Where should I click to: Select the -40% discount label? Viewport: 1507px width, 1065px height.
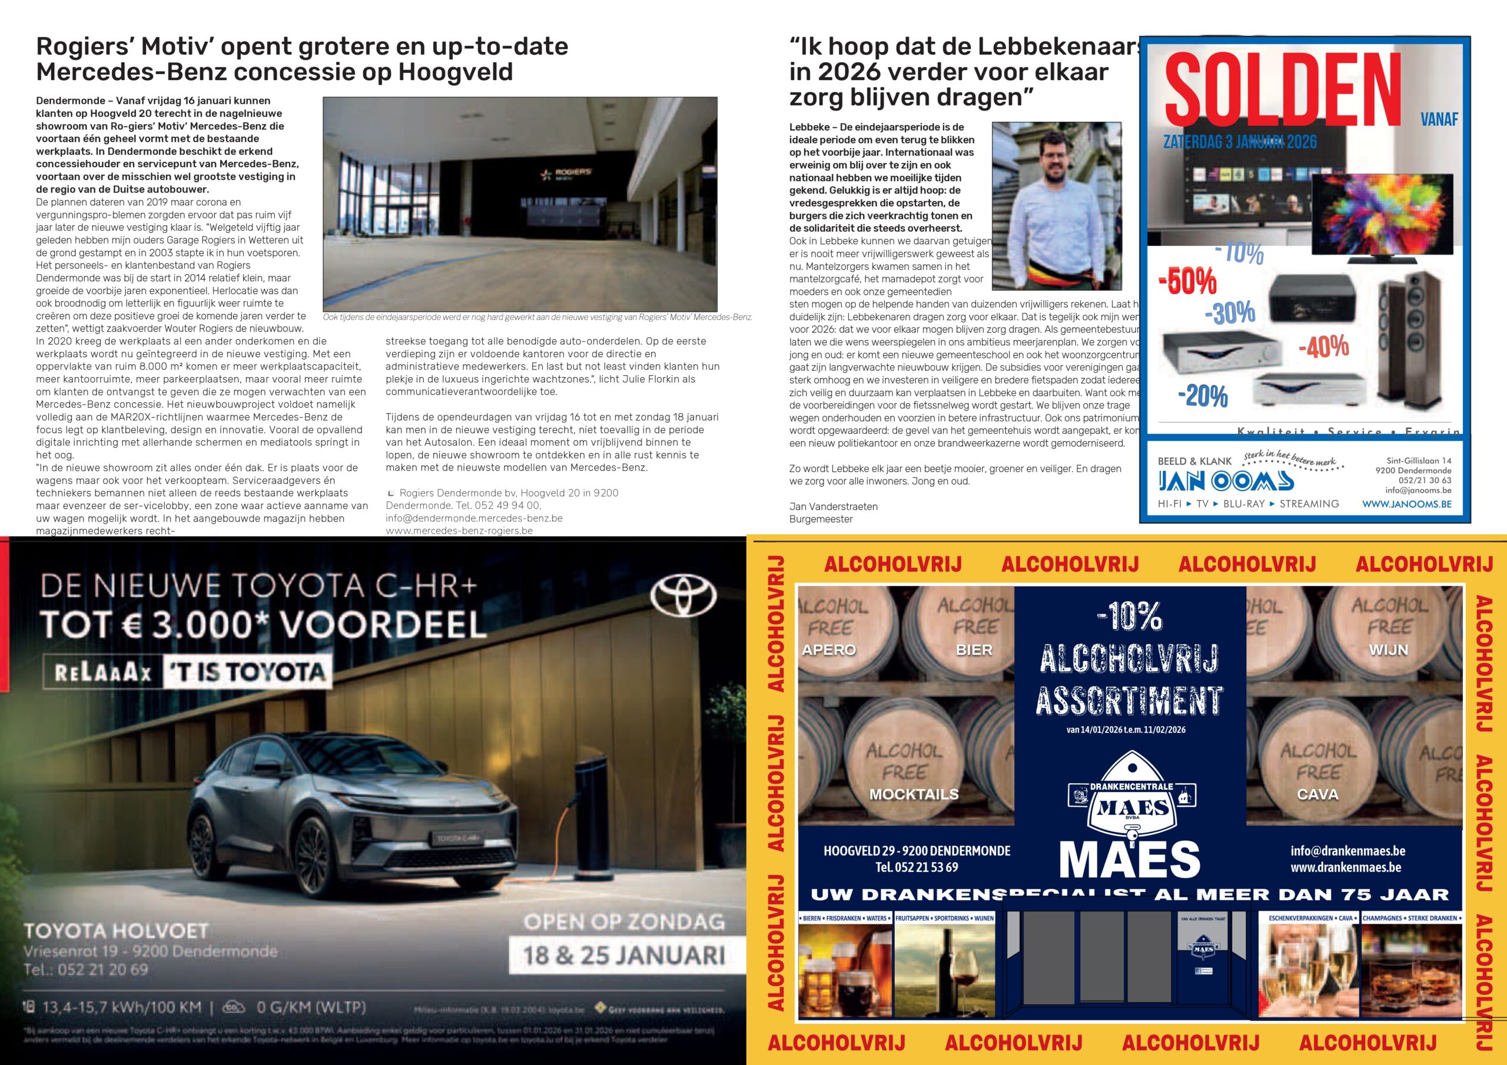coord(1323,347)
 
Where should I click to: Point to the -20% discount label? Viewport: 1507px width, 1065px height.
coord(1203,395)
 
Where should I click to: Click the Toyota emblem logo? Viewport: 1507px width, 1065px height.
coord(683,597)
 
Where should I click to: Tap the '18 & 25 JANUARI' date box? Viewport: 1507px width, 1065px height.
coord(624,955)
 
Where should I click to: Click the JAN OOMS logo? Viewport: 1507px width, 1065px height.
coord(1226,481)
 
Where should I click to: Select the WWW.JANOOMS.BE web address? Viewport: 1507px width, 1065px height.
coord(1406,504)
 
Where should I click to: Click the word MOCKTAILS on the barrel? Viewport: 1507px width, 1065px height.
coord(914,794)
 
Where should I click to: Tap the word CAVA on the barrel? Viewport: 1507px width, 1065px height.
coord(1317,794)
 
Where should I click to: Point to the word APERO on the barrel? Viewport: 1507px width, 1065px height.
coord(828,650)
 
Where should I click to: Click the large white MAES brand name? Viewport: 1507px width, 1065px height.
coord(1129,859)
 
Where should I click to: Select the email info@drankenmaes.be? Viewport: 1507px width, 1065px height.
coord(1347,850)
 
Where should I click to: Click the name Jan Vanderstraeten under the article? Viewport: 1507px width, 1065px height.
coord(833,507)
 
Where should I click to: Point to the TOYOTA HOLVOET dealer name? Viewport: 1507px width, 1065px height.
coord(116,930)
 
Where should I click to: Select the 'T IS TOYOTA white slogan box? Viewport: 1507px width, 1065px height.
coord(247,672)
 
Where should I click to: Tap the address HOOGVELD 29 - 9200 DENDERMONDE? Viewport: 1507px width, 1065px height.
coord(917,851)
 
